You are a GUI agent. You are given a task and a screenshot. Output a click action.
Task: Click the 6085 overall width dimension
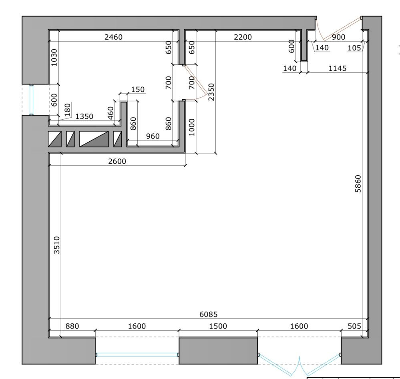coord(209,314)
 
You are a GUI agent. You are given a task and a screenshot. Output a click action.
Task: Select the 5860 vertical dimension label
coord(358,184)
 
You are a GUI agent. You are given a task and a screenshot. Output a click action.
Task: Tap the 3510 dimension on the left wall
coord(56,245)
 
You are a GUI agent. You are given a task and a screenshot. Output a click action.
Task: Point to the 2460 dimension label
coord(114,37)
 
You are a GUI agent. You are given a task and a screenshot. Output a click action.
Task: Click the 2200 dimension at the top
coord(243,37)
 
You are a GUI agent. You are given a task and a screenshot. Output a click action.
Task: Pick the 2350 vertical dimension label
coord(211,92)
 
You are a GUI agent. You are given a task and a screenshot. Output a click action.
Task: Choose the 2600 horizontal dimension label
coord(117,161)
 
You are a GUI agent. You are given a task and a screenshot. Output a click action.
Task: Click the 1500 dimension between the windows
coord(218,326)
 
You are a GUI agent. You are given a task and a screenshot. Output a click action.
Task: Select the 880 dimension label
coord(72,326)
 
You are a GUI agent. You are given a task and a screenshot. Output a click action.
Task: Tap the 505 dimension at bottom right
coord(354,326)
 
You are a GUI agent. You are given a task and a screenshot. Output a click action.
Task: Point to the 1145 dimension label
coord(338,68)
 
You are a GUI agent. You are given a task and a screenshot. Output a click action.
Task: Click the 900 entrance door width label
coord(338,37)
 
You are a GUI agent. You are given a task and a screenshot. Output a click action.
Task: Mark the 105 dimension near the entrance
coord(354,48)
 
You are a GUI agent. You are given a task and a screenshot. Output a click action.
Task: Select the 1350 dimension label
coord(84,116)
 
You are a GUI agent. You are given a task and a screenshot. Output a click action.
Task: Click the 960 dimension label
coord(153,136)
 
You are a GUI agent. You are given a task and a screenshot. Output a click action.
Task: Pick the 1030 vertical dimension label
coord(54,58)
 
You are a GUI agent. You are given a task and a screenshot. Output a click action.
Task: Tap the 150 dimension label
coord(138,90)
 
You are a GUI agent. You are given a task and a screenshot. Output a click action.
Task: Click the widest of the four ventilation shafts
coord(94,139)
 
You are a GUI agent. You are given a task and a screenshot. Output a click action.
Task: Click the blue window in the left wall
coord(31,100)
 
